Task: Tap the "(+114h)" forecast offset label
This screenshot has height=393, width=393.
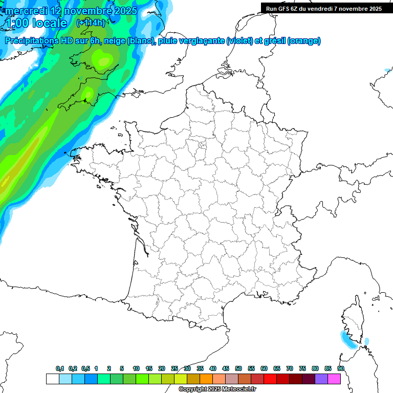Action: [91, 23]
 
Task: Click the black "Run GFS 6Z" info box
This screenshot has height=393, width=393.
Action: [324, 8]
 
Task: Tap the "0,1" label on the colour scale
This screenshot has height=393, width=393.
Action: [60, 368]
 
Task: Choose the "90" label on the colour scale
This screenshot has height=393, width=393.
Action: [341, 368]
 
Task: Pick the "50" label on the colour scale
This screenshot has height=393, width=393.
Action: [238, 368]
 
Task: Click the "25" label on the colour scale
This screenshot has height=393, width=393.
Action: [174, 368]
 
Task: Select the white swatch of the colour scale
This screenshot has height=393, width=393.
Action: [52, 379]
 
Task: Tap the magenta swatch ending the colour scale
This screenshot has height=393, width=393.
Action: [334, 379]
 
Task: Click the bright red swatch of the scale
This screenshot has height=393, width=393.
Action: [270, 379]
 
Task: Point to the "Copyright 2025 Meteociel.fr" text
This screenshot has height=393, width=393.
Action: [217, 389]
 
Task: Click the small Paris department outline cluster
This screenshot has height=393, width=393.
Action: [202, 147]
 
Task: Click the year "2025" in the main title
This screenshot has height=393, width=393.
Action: [122, 10]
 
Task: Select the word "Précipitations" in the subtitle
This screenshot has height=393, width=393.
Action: [31, 41]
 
